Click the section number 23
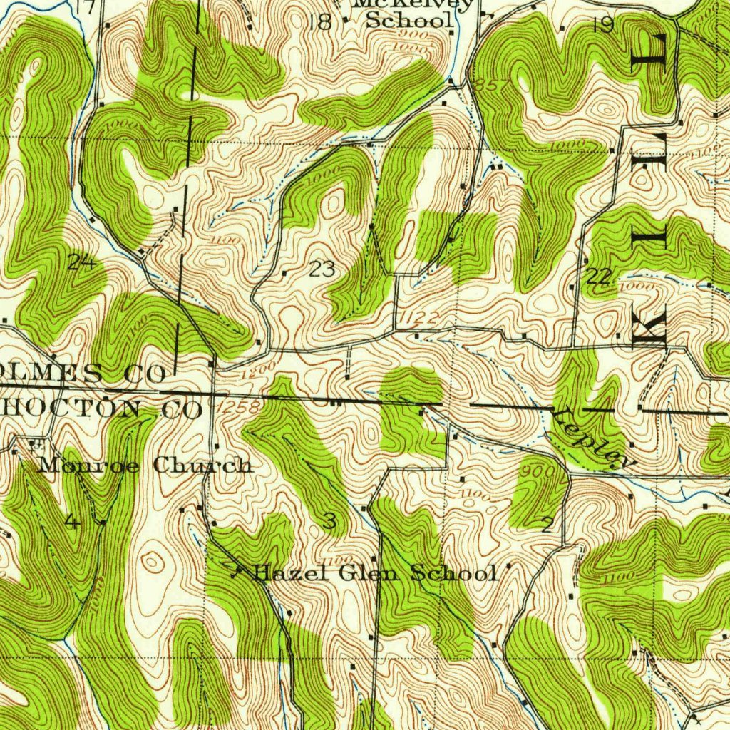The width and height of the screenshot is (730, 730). pyautogui.click(x=322, y=269)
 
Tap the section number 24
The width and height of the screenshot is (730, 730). pyautogui.click(x=81, y=262)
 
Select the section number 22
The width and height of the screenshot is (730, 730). pyautogui.click(x=599, y=277)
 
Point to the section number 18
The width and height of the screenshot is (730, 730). pyautogui.click(x=320, y=22)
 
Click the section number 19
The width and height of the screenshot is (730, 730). pyautogui.click(x=603, y=25)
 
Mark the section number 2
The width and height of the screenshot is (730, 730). pyautogui.click(x=546, y=526)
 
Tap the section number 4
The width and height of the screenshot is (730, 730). pyautogui.click(x=72, y=523)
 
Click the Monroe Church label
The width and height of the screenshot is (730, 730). pyautogui.click(x=145, y=466)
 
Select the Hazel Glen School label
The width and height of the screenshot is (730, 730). pyautogui.click(x=375, y=572)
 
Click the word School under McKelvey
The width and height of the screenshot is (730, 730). pyautogui.click(x=409, y=21)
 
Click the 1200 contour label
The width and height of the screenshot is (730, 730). pyautogui.click(x=262, y=371)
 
